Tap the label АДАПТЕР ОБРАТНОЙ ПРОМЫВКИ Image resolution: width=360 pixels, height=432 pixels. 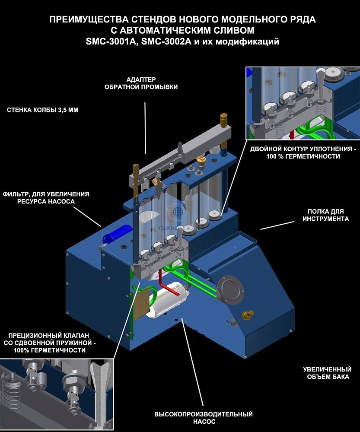(x=141, y=83)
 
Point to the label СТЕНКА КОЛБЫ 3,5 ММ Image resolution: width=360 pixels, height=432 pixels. (x=42, y=110)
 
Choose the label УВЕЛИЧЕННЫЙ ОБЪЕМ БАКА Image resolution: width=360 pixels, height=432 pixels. (x=327, y=373)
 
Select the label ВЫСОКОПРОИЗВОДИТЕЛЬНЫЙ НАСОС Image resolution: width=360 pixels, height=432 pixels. (x=203, y=418)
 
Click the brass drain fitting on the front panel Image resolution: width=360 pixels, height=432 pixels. (x=248, y=315)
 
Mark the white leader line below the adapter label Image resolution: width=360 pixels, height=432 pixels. (x=145, y=127)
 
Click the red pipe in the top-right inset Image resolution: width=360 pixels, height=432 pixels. (x=292, y=133)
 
